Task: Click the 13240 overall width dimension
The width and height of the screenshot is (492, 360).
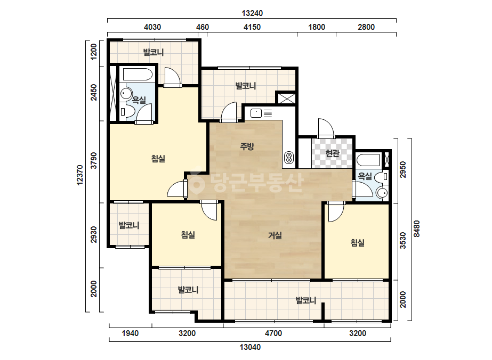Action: click(252, 13)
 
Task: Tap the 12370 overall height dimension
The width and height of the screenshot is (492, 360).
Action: click(80, 175)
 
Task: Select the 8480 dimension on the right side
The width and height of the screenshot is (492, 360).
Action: click(416, 228)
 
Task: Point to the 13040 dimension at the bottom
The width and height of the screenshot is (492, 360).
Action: click(250, 347)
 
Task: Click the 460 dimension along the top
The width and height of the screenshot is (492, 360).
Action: click(203, 27)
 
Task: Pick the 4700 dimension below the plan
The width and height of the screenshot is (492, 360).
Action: click(273, 333)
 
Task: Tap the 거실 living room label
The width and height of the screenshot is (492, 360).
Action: click(275, 235)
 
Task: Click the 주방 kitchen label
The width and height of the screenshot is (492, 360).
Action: click(247, 146)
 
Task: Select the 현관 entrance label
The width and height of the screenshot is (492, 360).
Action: click(332, 153)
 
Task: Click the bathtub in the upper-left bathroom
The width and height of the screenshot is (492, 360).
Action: click(138, 75)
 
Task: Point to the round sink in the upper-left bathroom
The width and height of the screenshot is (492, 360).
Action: click(126, 94)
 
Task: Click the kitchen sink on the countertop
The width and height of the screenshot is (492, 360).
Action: click(256, 113)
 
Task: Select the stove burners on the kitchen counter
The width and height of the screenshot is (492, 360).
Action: click(289, 157)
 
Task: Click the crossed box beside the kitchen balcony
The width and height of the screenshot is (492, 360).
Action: click(286, 97)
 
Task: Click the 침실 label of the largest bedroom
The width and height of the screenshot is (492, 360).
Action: click(158, 159)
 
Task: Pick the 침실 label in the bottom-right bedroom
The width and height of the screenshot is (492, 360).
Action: click(357, 242)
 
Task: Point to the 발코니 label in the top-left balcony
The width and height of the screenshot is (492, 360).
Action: click(154, 52)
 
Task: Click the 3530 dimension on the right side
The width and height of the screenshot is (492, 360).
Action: click(403, 241)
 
